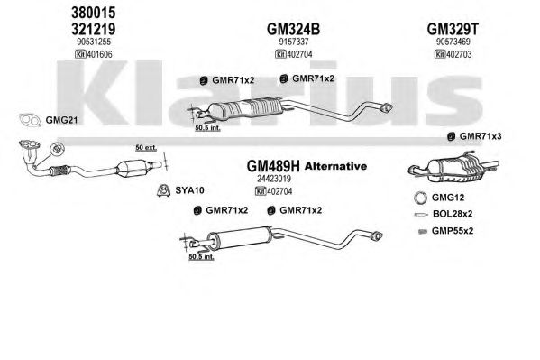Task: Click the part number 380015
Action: [x=94, y=14]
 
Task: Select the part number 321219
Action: [x=94, y=29]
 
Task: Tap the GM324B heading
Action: [x=293, y=29]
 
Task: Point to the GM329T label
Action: [x=453, y=29]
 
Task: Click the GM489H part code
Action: [x=273, y=166]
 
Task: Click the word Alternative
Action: [x=335, y=166]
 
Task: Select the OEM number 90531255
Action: [x=94, y=42]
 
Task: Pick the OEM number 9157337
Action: [x=293, y=42]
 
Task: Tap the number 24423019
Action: [x=274, y=179]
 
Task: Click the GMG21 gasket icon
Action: [x=30, y=120]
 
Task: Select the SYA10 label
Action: [x=189, y=190]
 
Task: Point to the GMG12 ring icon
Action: [x=420, y=198]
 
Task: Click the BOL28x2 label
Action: [x=453, y=214]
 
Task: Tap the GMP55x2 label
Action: [x=453, y=231]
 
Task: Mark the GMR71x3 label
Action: [x=481, y=136]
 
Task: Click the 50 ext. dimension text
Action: [x=146, y=148]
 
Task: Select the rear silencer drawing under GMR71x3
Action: [x=453, y=167]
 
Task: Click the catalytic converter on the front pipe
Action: [x=135, y=169]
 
